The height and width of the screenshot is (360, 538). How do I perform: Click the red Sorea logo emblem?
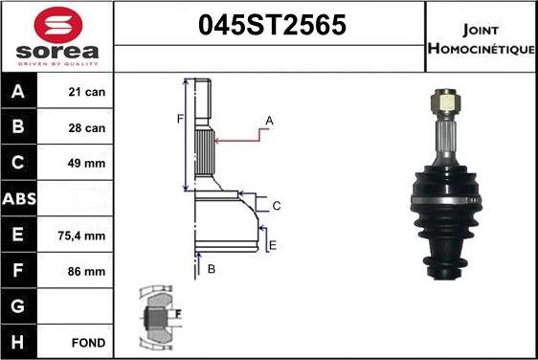[x=58, y=24]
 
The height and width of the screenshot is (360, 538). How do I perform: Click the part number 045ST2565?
[x=272, y=25]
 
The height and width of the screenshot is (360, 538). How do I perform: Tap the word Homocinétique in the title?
[x=482, y=49]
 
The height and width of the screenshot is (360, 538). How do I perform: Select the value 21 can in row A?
[x=86, y=92]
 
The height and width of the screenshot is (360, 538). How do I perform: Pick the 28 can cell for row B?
[x=86, y=128]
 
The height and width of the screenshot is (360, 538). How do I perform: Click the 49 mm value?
[x=86, y=164]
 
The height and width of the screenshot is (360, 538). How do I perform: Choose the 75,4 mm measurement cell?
[x=81, y=236]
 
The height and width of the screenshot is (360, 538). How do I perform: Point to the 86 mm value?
[x=86, y=272]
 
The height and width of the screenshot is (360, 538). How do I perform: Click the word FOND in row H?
[x=88, y=343]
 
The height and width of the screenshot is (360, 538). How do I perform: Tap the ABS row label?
[x=19, y=199]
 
